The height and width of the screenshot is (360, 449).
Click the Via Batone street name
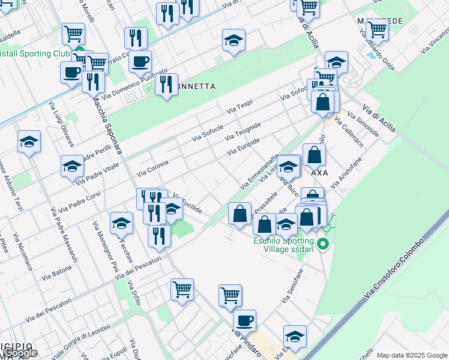[x=57, y=274]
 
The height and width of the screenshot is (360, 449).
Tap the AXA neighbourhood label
[x=319, y=172]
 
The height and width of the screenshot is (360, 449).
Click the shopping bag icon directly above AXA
[x=315, y=155]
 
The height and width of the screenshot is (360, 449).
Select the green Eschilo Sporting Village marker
[x=323, y=244]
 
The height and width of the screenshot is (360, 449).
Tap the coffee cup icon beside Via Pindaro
[x=244, y=321]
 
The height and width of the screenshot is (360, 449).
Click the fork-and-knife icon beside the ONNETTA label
[x=166, y=84]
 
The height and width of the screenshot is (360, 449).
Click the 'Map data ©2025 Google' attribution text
[x=412, y=355]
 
